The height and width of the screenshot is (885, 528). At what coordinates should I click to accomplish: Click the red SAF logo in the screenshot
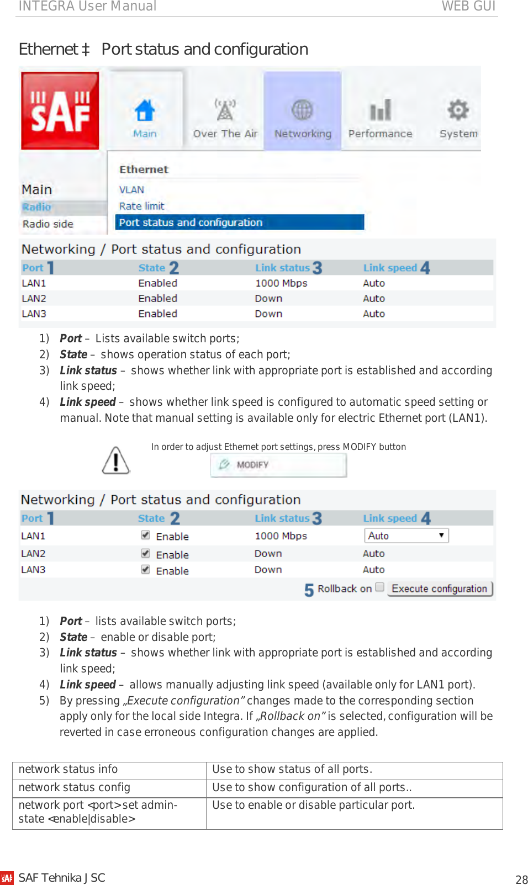point(60,110)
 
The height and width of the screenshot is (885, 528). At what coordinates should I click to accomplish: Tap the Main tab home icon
point(145,110)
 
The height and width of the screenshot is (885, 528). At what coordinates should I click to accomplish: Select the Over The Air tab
point(225,119)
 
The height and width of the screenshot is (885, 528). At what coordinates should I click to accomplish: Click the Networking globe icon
point(302,110)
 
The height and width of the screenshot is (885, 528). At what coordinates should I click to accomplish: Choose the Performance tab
point(380,119)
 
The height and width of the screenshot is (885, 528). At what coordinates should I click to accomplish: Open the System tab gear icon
point(458,110)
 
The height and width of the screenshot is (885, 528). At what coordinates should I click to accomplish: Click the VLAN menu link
point(131,190)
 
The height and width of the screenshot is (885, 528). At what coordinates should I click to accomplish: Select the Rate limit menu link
point(142,206)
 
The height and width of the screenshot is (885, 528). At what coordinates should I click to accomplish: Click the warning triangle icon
point(116,460)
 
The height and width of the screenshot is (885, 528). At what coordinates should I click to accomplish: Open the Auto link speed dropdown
point(406,536)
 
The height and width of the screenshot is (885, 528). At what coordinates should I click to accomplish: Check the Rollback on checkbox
point(380,587)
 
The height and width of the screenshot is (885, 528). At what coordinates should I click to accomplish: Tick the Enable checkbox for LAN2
point(146,553)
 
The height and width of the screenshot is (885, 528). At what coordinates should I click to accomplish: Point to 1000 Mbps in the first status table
point(281,283)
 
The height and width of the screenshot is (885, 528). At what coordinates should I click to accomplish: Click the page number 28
point(521,879)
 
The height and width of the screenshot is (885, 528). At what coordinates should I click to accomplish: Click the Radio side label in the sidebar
point(48,224)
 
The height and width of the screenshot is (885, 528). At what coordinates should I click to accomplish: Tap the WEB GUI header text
point(468,6)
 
